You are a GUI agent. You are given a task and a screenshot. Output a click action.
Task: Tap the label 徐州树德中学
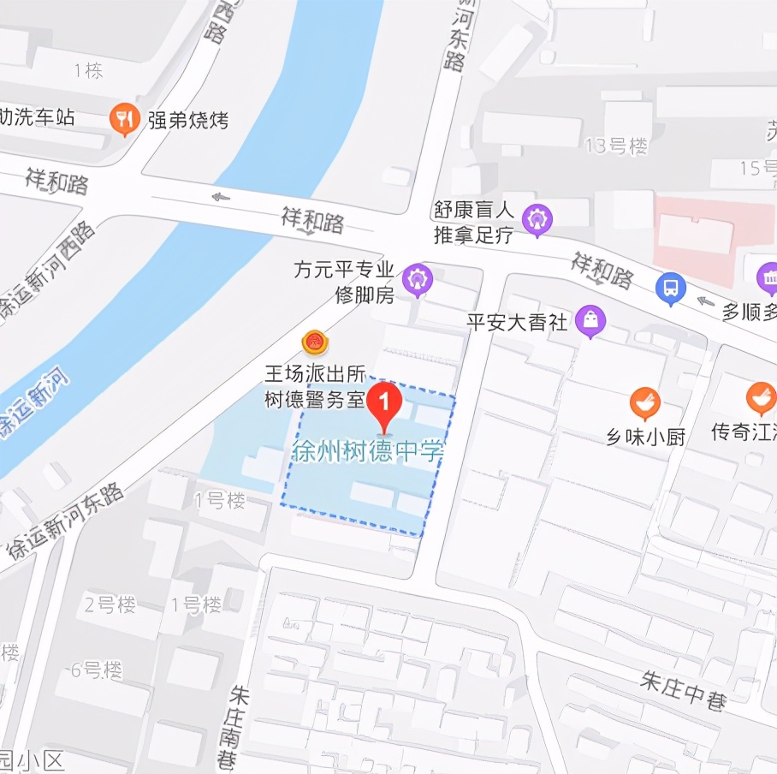369,451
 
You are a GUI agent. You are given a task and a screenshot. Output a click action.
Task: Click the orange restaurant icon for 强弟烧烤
125,119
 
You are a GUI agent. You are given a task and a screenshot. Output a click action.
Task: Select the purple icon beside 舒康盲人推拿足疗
537,220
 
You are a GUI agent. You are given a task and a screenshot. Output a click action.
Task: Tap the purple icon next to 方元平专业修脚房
418,279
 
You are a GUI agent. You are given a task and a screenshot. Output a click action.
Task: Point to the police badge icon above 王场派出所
315,343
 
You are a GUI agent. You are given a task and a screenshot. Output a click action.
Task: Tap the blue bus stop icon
671,288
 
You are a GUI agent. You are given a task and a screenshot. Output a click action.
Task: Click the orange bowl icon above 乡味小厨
644,402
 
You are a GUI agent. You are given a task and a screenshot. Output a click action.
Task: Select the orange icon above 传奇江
760,397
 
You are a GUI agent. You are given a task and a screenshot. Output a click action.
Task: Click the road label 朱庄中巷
684,690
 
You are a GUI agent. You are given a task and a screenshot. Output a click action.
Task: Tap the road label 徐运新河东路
65,521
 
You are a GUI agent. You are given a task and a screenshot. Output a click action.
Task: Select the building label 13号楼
616,146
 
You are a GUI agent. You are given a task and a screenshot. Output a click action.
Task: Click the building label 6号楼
97,670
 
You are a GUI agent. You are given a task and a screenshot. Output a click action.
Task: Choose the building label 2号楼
110,604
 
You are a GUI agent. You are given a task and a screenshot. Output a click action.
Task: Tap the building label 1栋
88,70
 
